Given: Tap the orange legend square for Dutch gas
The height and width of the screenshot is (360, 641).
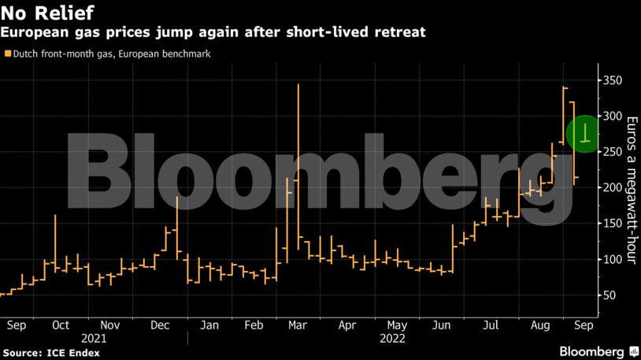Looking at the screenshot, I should tap(8, 54).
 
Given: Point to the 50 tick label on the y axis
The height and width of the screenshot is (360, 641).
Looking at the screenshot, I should tap(608, 295).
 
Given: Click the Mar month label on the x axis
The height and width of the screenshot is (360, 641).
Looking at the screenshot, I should tap(298, 325).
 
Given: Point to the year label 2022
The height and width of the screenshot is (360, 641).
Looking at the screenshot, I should tap(392, 338).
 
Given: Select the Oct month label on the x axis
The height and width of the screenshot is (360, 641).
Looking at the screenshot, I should tap(60, 325).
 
